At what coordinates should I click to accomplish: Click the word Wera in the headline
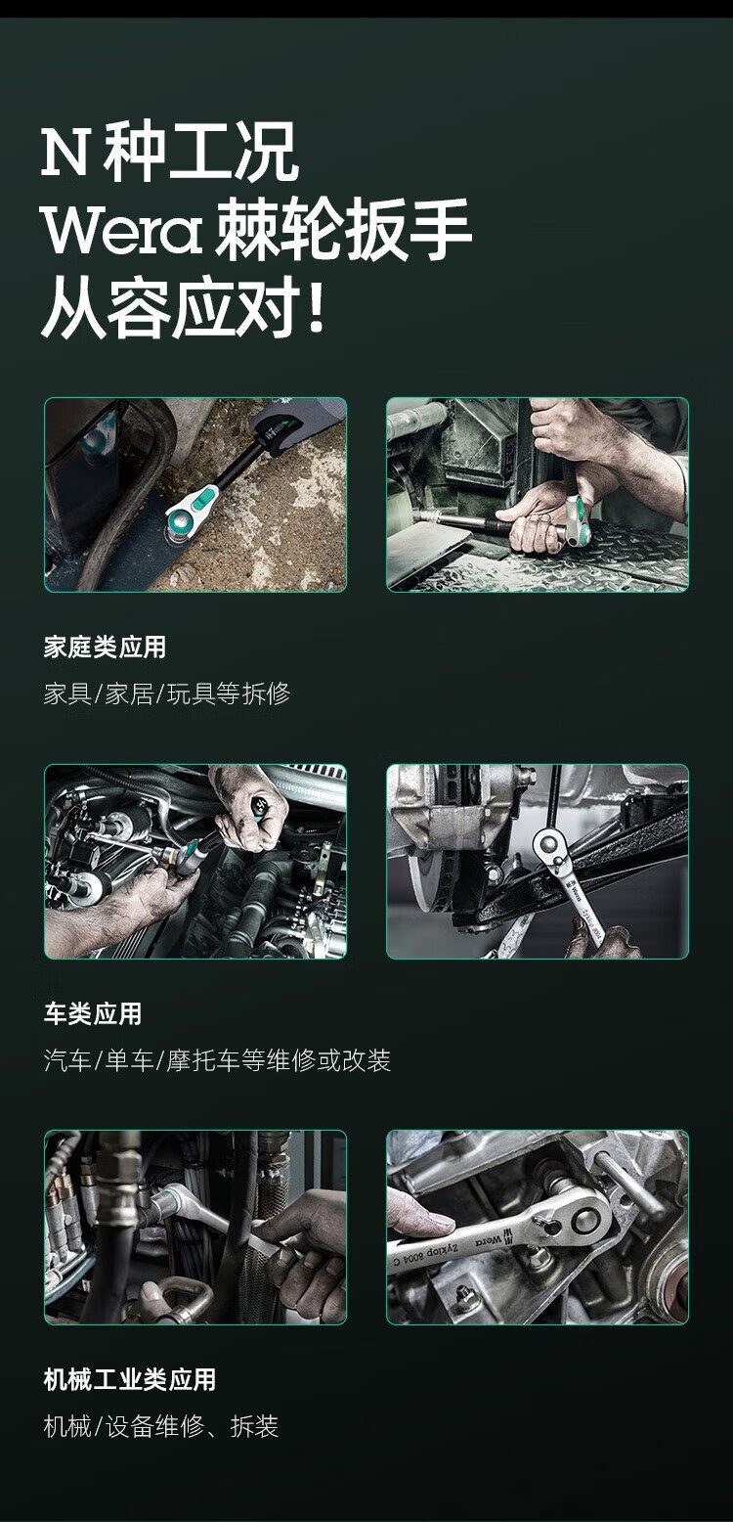point(121,230)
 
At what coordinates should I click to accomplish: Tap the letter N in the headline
point(65,153)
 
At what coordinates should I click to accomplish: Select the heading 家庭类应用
point(106,647)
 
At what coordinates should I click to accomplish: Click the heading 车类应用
point(93,1013)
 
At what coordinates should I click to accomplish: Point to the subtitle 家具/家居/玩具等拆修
point(167,694)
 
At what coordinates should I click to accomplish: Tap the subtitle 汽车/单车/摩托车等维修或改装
point(217,1060)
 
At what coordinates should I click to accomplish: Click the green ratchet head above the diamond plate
point(577,519)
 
